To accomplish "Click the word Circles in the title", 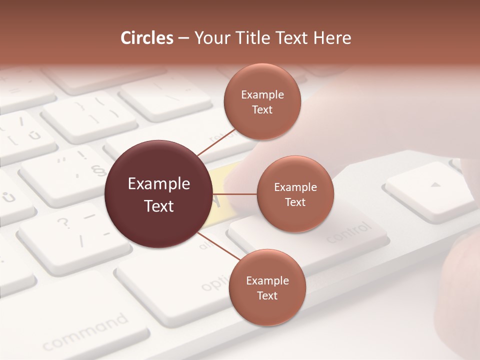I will (146, 38).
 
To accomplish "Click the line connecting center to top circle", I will (217, 143).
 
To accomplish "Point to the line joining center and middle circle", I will (234, 194).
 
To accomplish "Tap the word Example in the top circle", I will (262, 94).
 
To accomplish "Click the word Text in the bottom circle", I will (267, 295).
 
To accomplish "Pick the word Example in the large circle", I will (159, 184).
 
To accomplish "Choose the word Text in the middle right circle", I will (295, 202).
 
